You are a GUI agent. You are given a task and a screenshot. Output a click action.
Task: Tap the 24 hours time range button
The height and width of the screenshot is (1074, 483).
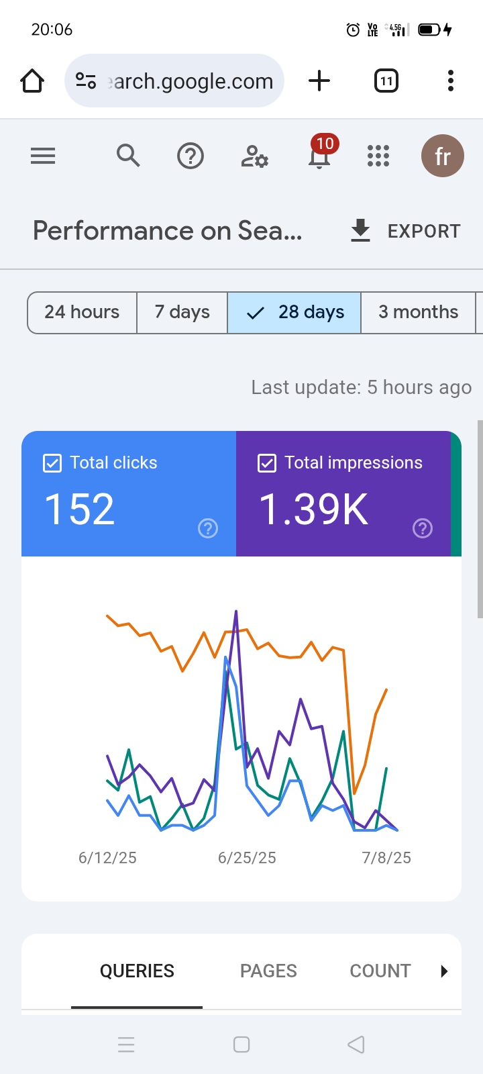pyautogui.click(x=82, y=312)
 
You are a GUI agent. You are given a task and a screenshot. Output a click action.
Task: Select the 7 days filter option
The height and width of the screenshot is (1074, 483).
pyautogui.click(x=182, y=312)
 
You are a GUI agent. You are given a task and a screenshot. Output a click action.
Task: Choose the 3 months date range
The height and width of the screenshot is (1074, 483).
pyautogui.click(x=418, y=312)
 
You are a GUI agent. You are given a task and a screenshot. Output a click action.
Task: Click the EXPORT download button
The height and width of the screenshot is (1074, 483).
pyautogui.click(x=405, y=231)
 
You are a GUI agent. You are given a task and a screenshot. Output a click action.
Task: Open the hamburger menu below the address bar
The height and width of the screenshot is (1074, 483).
pyautogui.click(x=43, y=156)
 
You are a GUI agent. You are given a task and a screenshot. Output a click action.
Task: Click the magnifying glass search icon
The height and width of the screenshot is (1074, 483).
pyautogui.click(x=128, y=156)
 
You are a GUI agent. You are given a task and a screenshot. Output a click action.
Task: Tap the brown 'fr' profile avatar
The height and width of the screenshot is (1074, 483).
pyautogui.click(x=442, y=156)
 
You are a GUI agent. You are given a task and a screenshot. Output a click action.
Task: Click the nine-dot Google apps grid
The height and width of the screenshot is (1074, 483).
pyautogui.click(x=378, y=156)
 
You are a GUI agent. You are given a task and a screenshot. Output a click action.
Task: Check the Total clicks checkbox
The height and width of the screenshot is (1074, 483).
pyautogui.click(x=52, y=463)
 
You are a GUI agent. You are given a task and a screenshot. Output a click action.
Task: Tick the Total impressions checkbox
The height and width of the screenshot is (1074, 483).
pyautogui.click(x=267, y=463)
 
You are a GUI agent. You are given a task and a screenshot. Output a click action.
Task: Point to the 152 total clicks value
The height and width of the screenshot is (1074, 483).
pyautogui.click(x=80, y=509)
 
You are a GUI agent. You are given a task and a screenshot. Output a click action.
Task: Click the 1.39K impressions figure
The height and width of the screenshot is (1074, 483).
pyautogui.click(x=314, y=509)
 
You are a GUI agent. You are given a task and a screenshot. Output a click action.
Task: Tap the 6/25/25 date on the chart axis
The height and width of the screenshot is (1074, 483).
pyautogui.click(x=247, y=858)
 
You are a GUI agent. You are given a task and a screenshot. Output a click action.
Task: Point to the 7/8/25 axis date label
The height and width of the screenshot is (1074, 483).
pyautogui.click(x=386, y=858)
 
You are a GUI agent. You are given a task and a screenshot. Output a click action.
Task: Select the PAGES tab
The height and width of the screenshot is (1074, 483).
pyautogui.click(x=268, y=971)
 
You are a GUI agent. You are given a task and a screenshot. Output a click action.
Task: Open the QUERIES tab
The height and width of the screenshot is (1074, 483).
pyautogui.click(x=137, y=971)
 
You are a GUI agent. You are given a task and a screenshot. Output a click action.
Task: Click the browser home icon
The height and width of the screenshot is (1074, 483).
pyautogui.click(x=32, y=81)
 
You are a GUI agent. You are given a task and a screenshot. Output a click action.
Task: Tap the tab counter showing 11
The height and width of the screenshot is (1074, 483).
pyautogui.click(x=386, y=81)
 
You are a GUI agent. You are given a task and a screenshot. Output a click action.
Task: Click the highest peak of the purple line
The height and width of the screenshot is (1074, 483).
pyautogui.click(x=236, y=612)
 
